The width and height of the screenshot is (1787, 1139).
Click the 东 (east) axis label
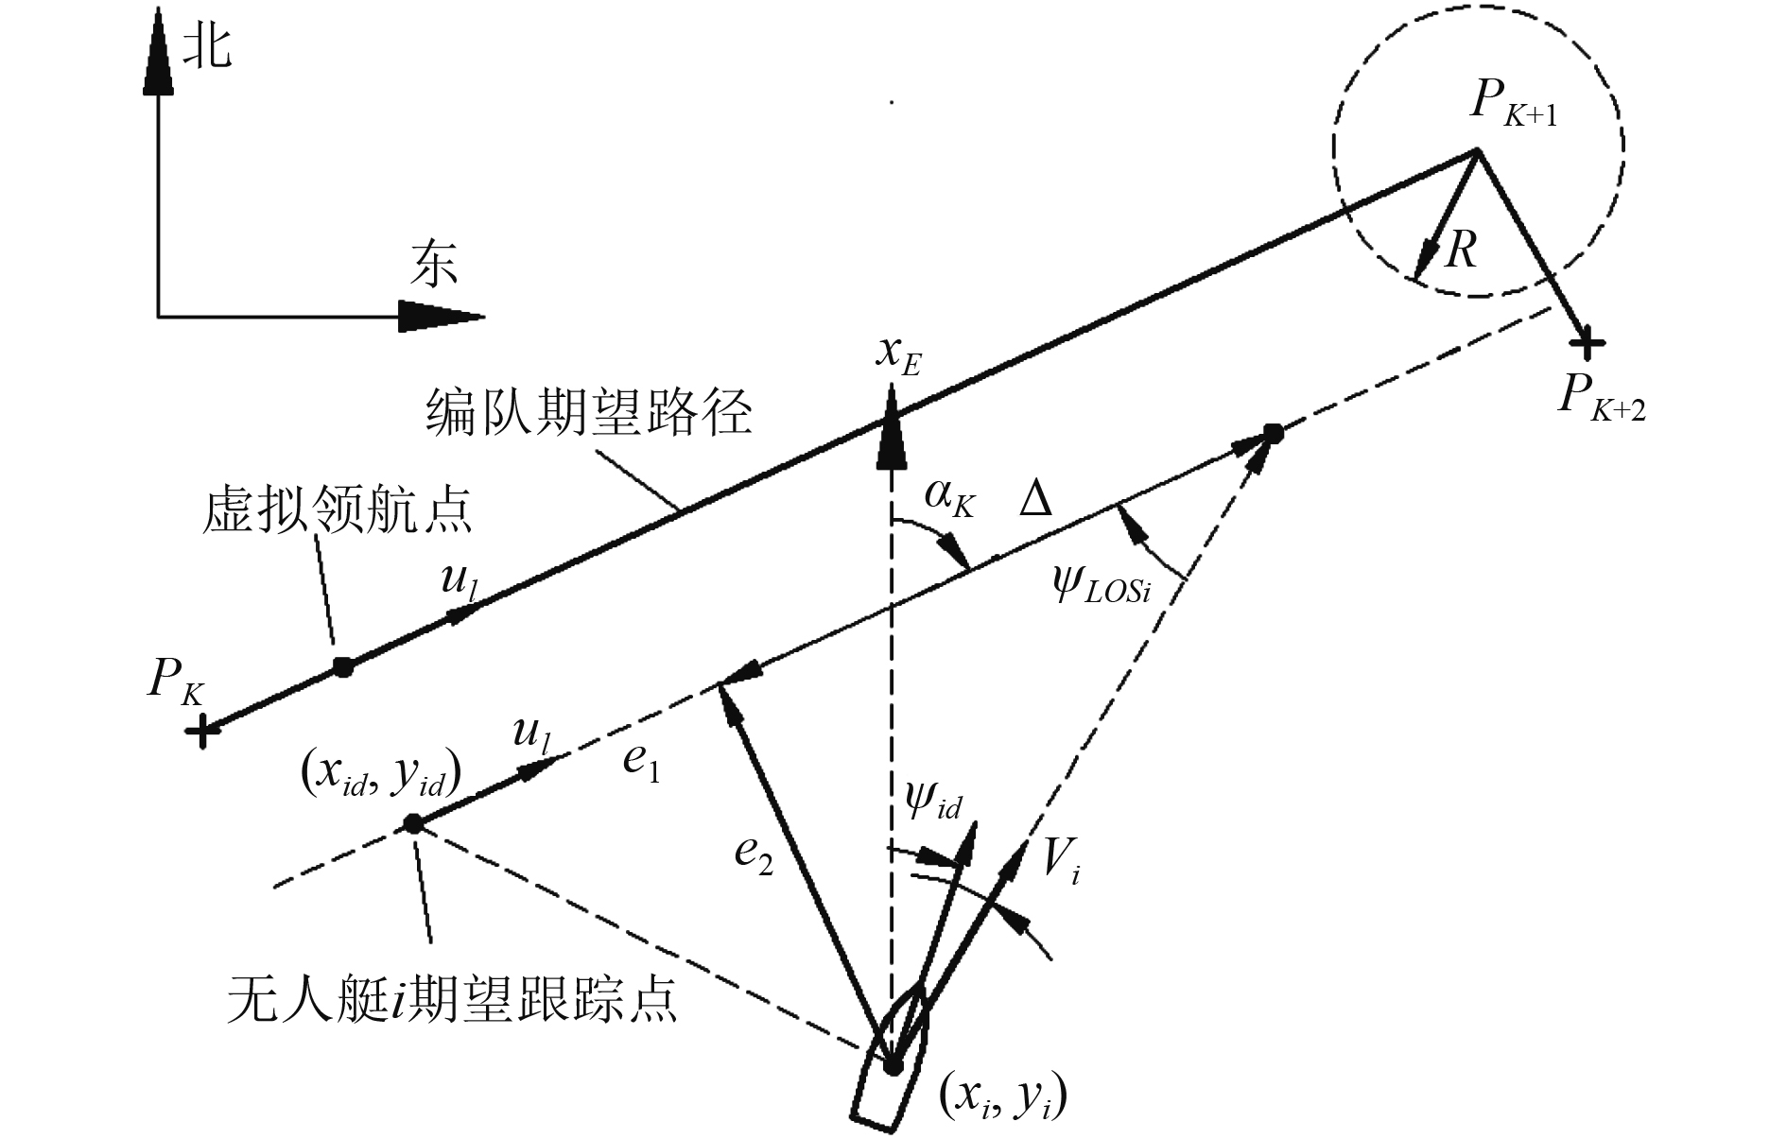434,264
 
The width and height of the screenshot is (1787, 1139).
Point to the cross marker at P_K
201,730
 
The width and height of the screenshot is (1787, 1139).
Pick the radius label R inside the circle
1462,251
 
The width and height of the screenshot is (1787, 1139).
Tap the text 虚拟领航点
338,512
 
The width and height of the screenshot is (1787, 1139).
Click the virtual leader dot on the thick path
343,666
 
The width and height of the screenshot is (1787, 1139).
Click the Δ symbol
1035,500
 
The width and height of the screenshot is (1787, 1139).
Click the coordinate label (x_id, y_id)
379,775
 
